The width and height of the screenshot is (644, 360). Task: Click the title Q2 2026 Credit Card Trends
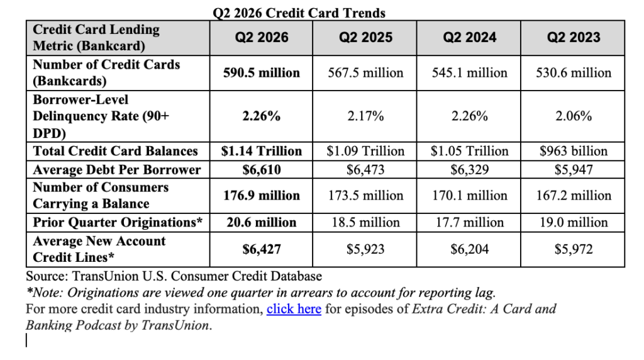[299, 13]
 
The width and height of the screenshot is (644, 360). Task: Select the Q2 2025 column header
[365, 37]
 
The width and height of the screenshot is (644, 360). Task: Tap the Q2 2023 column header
[574, 37]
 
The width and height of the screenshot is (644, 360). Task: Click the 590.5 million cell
[262, 73]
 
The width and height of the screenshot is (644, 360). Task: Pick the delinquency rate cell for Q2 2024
[469, 116]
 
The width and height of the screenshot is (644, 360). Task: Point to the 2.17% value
[365, 116]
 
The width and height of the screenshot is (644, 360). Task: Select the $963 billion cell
[574, 151]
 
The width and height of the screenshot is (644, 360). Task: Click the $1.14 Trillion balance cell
[262, 151]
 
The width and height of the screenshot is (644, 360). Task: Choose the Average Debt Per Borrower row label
[116, 170]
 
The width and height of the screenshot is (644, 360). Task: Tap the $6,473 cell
[365, 170]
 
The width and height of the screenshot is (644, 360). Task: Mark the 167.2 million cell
[574, 195]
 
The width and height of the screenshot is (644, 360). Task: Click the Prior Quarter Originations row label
[118, 222]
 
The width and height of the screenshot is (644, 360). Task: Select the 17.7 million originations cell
[469, 222]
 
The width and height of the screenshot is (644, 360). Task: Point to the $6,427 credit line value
[262, 249]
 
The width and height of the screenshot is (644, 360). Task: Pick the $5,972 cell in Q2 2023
[574, 249]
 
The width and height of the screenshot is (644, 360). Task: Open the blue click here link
[294, 308]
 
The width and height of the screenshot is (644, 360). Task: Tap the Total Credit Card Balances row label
[116, 151]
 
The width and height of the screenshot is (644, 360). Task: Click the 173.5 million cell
[365, 195]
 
